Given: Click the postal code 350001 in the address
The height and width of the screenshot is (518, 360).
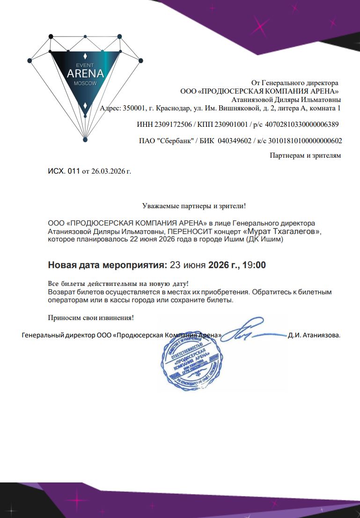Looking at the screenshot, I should tap(133, 109).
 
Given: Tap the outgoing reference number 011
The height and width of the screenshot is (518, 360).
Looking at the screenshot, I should tap(74, 171).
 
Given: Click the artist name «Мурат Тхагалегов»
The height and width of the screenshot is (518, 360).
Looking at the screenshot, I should tap(282, 231).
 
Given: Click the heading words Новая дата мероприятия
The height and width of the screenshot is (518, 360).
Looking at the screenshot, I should tap(107, 265).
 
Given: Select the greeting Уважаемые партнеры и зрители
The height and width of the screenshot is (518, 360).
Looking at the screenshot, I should tap(193, 205).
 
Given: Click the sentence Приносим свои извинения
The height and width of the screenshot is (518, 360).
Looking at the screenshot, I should tap(91, 318).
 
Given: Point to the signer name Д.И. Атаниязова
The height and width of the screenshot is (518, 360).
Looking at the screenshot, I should tap(314, 335).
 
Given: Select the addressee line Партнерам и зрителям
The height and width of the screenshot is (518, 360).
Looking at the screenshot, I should tap(305, 155).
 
